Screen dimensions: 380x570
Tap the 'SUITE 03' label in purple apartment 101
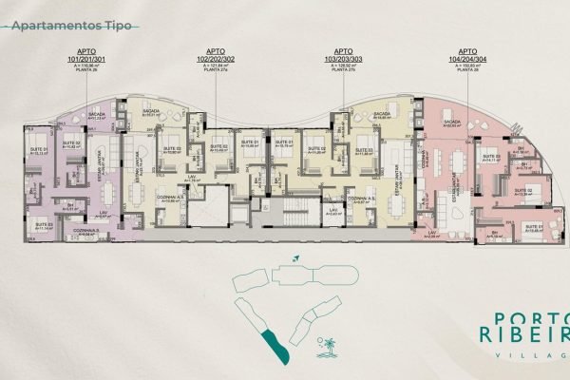pyautogui.click(x=70, y=145)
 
